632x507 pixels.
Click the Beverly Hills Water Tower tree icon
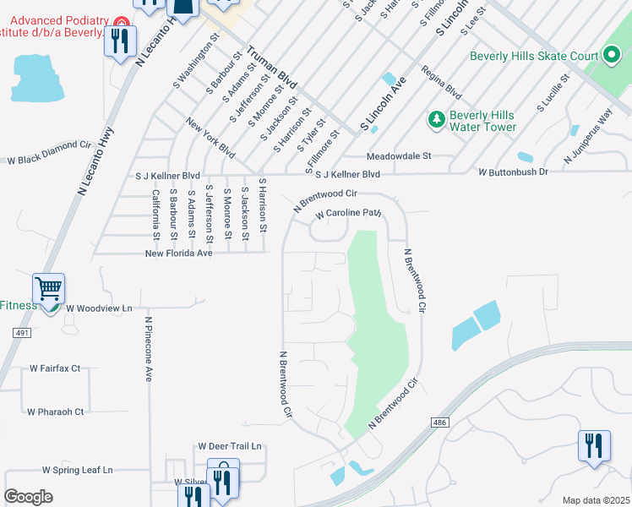coord(437,120)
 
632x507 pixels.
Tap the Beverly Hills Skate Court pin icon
coord(613,57)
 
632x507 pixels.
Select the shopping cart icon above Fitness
coord(49,289)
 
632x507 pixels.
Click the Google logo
coord(28,497)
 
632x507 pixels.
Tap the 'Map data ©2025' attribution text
coord(596,500)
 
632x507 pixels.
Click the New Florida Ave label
coord(178,253)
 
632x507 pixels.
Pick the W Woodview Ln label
coord(100,308)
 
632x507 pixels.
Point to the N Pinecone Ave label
coord(148,349)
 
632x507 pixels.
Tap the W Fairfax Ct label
coord(55,368)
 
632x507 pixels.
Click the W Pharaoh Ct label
coord(56,412)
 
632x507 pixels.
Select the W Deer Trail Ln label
coord(231,446)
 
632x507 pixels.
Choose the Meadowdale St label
coord(399,156)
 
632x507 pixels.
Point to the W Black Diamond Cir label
coord(49,159)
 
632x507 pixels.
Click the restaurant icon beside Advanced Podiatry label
coord(120,40)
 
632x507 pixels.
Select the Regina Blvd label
coord(441,83)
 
